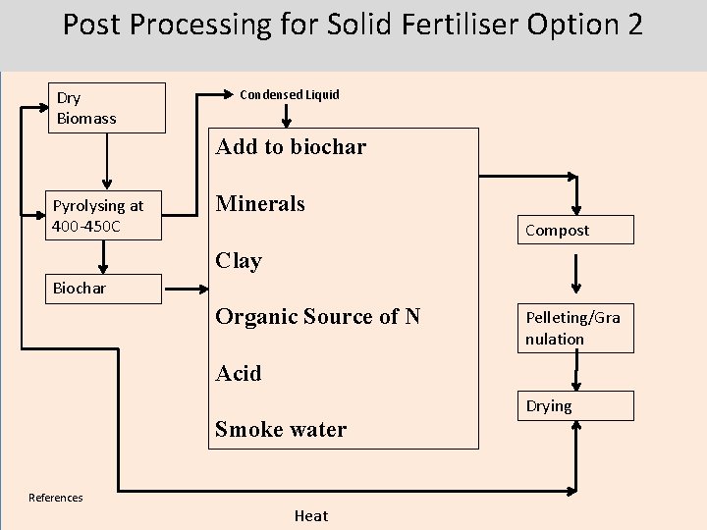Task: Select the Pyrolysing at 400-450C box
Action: coord(106,216)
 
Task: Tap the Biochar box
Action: coord(106,289)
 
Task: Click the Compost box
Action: coord(576,231)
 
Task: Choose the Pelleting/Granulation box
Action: coord(576,328)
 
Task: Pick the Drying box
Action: coord(576,406)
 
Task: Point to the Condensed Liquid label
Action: coord(290,95)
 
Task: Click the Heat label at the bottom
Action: coord(311,516)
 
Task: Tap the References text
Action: coord(56,498)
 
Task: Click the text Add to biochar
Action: coord(291,147)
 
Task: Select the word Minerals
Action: coord(260,204)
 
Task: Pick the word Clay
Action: coord(239,261)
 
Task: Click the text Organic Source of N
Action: coord(317,317)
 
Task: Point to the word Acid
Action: coord(239,374)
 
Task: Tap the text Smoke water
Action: coord(281,430)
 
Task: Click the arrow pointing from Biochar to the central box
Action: coord(187,289)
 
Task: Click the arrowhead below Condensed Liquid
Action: coord(287,122)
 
